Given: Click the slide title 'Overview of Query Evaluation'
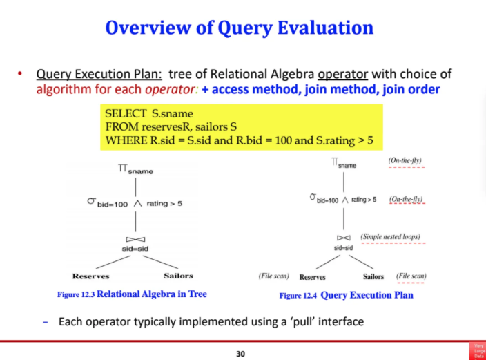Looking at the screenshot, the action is click(240, 28).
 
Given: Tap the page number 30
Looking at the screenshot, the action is click(240, 354).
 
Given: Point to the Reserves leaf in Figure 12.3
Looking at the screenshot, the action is click(91, 276).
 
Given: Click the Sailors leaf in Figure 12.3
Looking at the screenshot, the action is click(178, 276).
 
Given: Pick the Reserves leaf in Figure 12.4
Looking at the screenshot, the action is click(312, 276).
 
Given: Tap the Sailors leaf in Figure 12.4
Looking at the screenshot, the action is click(373, 276).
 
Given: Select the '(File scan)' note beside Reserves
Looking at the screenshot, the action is click(273, 276).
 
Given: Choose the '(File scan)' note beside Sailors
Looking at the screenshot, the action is click(411, 276).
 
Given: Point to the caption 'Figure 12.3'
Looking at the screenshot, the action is click(75, 294).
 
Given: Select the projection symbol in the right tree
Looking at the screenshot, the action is click(335, 162).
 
